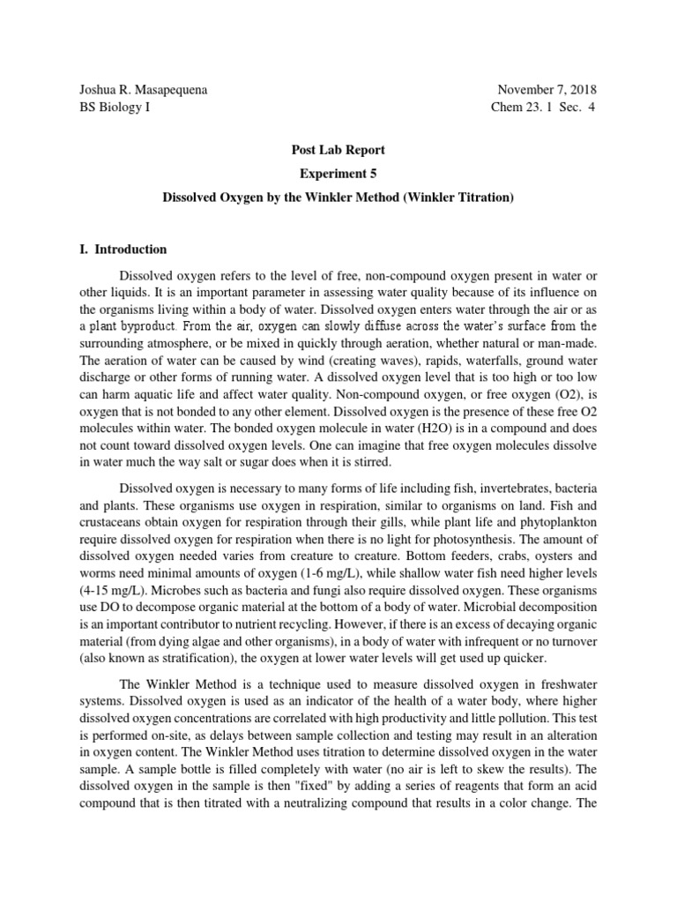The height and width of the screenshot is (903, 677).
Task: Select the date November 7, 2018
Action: point(547,90)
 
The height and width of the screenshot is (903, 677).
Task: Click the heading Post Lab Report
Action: point(338,151)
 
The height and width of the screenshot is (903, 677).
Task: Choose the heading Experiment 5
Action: point(338,174)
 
